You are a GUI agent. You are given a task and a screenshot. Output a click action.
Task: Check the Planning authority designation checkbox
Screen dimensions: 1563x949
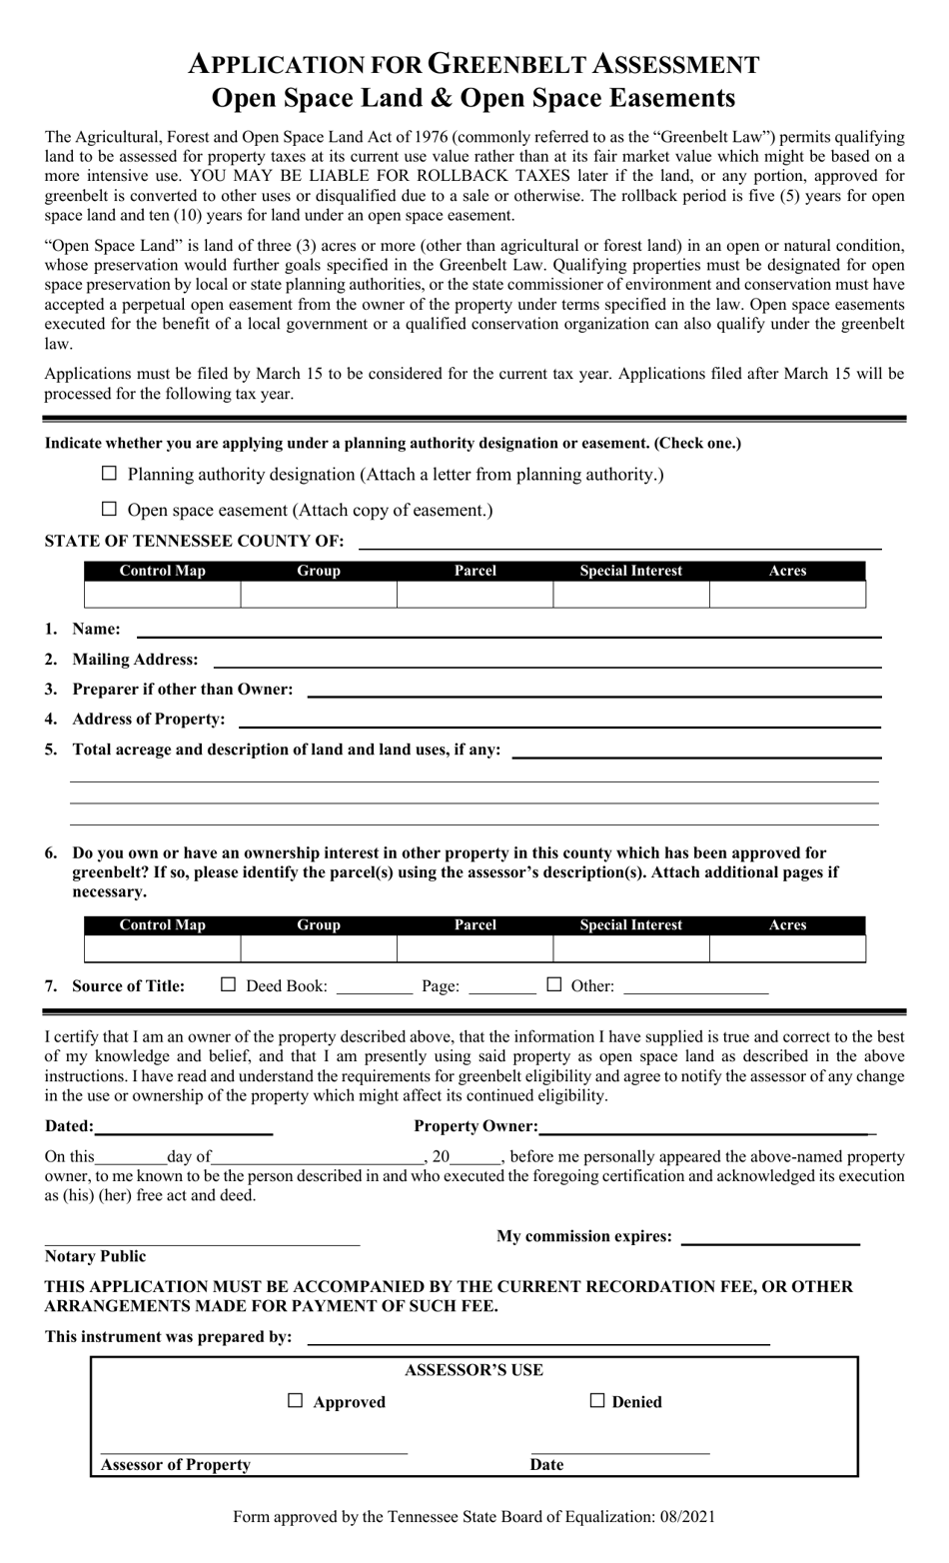(110, 473)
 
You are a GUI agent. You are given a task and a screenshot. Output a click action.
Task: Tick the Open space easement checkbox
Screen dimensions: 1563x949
(110, 509)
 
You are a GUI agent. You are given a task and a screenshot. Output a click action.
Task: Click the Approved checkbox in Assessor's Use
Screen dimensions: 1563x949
(295, 1401)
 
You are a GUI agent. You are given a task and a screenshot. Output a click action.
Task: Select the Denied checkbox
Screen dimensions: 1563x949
(597, 1401)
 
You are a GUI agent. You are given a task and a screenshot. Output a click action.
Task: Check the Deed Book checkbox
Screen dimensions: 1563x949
(228, 984)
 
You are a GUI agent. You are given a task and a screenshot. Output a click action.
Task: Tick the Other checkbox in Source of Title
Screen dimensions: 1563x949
(554, 984)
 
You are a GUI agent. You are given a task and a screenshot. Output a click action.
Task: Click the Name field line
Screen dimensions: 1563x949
(507, 630)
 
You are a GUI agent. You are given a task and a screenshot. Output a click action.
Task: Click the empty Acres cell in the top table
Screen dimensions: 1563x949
(787, 595)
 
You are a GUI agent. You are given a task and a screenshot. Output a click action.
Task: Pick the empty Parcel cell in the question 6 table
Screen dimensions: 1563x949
(474, 949)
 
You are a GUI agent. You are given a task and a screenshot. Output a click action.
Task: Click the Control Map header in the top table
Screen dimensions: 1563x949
(162, 571)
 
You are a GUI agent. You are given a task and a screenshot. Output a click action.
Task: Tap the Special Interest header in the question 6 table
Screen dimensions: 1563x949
(631, 925)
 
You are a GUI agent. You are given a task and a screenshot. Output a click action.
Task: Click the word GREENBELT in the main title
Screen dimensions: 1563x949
(509, 65)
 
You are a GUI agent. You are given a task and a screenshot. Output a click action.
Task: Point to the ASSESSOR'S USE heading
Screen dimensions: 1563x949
(474, 1370)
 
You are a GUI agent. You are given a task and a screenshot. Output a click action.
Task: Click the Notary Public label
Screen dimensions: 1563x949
(95, 1256)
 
